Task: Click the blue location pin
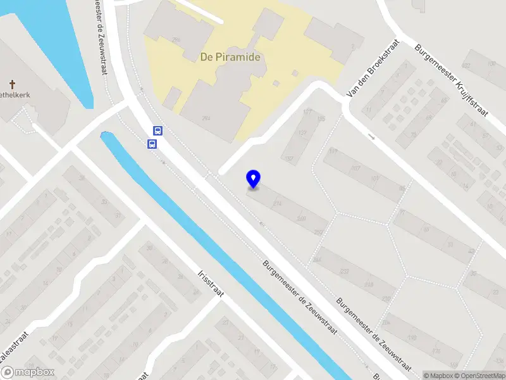click(x=254, y=179)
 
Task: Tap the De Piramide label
click(x=230, y=56)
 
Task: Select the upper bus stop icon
click(x=157, y=131)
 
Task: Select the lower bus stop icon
click(x=152, y=144)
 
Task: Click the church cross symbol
click(x=12, y=84)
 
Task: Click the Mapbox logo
click(x=28, y=372)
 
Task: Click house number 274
click(x=276, y=203)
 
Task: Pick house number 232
click(x=344, y=272)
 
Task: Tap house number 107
click(x=355, y=168)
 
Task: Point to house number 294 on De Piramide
click(x=206, y=118)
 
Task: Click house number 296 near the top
click(x=176, y=39)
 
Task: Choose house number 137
click(x=302, y=134)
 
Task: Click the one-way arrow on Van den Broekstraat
click(x=372, y=137)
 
